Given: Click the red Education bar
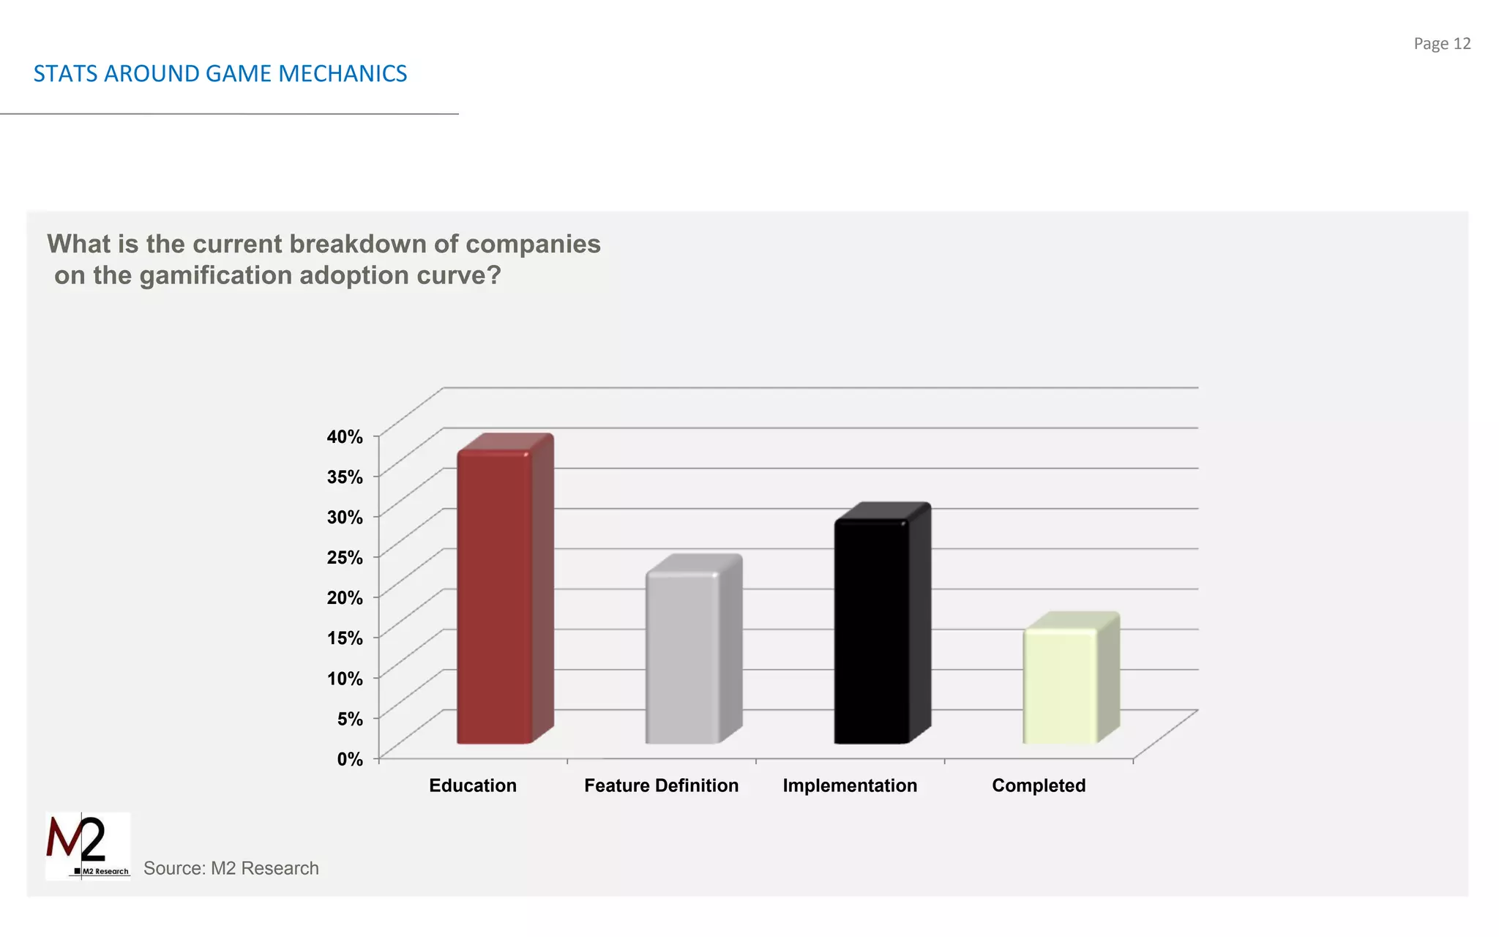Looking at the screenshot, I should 495,597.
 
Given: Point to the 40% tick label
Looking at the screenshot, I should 345,437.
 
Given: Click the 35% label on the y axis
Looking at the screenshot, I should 345,477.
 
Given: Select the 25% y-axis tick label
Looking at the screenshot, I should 345,558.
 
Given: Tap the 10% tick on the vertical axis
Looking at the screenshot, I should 345,679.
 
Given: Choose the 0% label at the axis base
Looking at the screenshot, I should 350,759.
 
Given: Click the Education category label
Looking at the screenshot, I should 473,785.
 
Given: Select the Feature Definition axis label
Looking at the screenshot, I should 661,785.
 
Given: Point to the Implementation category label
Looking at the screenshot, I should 850,785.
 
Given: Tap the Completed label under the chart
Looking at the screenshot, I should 1039,785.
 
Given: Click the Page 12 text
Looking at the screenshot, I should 1442,44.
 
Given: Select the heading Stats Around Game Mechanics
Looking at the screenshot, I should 220,74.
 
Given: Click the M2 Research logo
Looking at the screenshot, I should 88,845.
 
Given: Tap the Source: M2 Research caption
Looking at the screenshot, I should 231,868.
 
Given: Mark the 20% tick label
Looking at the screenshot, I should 345,598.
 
